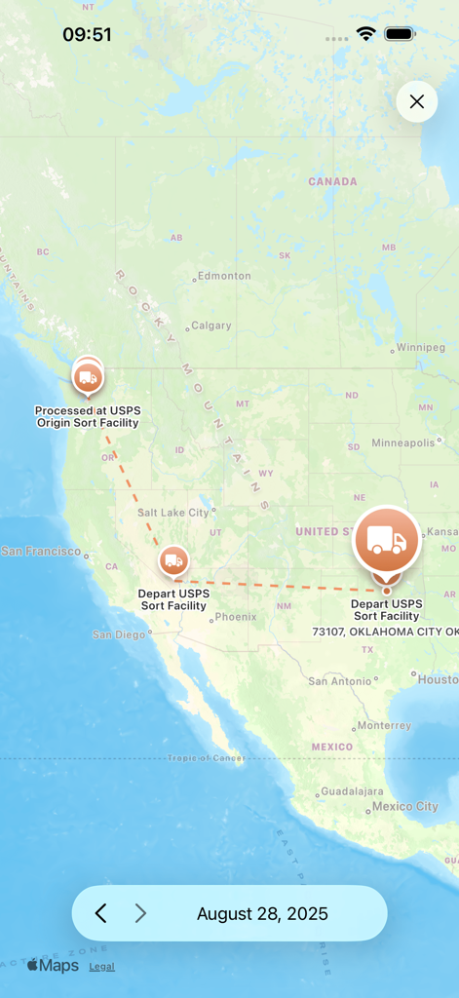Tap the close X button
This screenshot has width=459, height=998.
417,101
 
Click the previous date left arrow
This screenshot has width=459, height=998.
100,913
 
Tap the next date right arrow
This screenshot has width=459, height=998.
140,913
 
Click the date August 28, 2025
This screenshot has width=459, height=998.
262,914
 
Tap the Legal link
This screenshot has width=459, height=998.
101,967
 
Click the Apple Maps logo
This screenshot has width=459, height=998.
53,966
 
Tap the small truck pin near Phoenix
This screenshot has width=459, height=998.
173,560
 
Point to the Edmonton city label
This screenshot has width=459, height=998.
224,276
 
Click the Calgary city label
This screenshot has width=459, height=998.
211,326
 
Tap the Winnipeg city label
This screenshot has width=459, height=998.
420,348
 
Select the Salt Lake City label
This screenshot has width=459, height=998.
173,513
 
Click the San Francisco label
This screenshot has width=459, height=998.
41,552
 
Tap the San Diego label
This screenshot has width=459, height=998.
118,634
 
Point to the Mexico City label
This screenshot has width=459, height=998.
405,807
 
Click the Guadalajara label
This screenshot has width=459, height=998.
352,792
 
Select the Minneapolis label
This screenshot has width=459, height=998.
402,443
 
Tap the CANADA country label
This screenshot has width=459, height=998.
332,181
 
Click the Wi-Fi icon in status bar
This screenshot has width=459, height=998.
365,34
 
